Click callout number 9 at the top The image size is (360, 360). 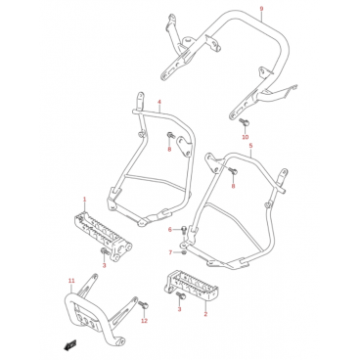click(x=261, y=8)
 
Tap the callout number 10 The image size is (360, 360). click(x=246, y=137)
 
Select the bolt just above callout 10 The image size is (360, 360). click(x=244, y=122)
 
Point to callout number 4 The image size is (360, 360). click(x=159, y=102)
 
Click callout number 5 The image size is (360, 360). click(x=250, y=146)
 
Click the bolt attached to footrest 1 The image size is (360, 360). click(x=105, y=251)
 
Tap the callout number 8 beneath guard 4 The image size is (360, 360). click(x=169, y=150)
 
